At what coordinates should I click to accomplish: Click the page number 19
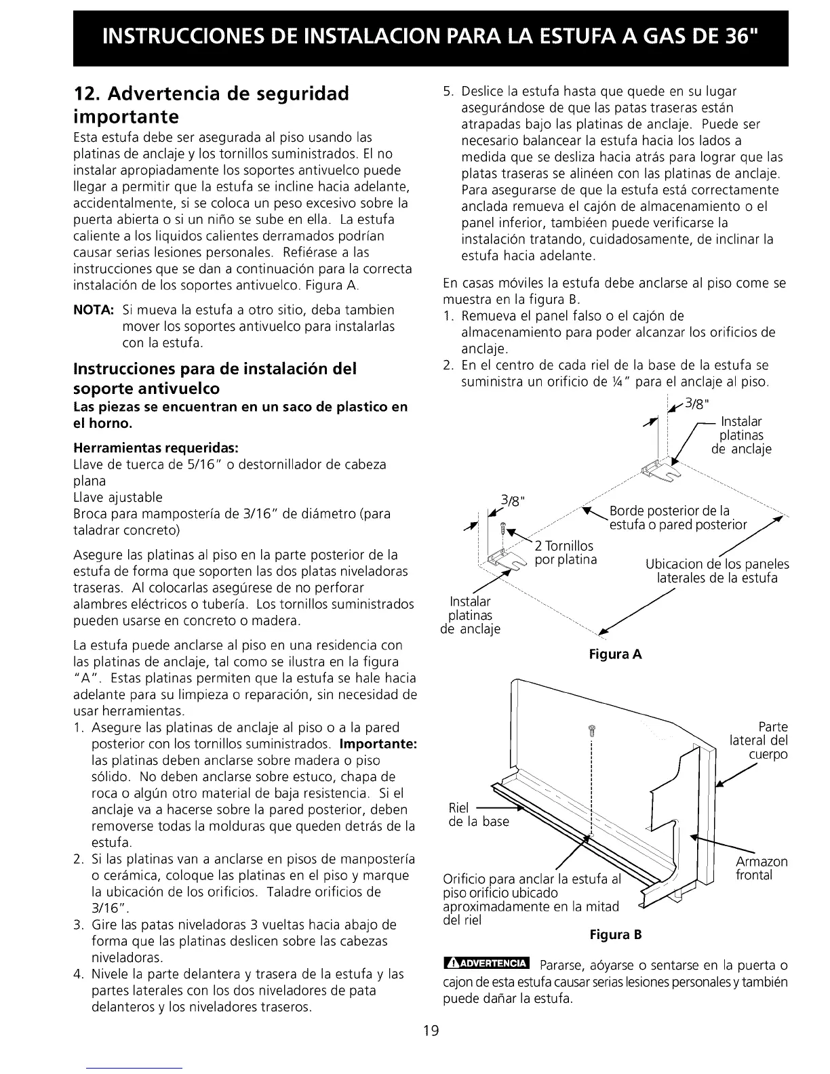coord(431,1031)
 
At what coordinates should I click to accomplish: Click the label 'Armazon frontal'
coord(762,868)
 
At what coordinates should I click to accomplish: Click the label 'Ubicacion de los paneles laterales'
coord(717,572)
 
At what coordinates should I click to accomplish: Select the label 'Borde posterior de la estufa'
coord(677,518)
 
